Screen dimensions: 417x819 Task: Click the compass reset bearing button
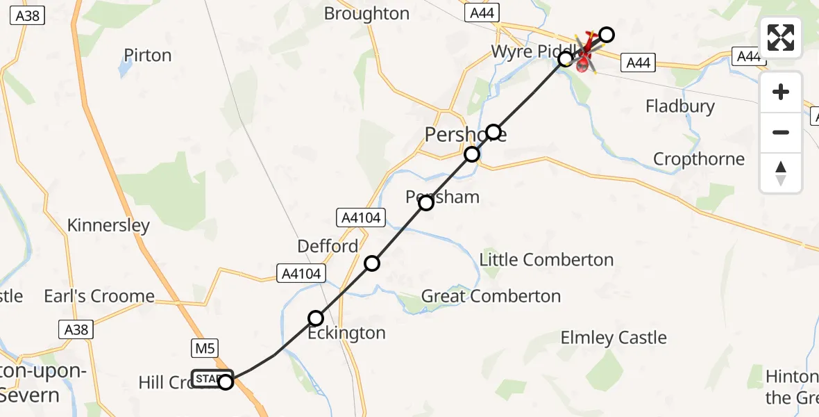point(781,173)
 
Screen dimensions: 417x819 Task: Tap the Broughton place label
point(366,13)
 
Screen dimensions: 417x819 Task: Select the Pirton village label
point(147,56)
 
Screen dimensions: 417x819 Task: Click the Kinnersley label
point(108,225)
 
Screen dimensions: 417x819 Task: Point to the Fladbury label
point(679,106)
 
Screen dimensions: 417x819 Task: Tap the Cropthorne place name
point(698,159)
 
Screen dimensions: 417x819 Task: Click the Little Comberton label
point(546,260)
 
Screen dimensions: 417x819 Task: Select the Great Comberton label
point(491,296)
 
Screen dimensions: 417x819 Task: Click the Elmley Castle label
point(614,338)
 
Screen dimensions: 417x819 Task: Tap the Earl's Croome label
point(99,296)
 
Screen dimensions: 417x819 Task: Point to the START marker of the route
point(211,379)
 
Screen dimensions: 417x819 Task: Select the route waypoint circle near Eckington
point(316,318)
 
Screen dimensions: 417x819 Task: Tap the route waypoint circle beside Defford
point(373,263)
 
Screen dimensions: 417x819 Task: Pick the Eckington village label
point(346,333)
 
